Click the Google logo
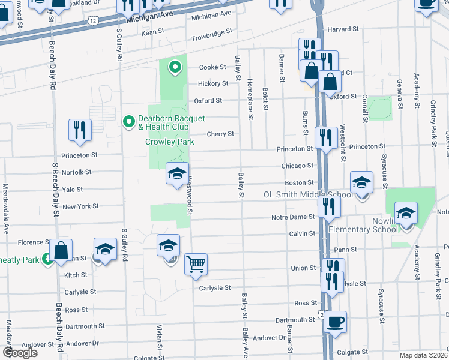(x=20, y=353)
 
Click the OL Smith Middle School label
(x=308, y=195)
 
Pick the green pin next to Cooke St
(x=175, y=67)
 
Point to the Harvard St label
(x=342, y=28)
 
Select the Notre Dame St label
(x=293, y=217)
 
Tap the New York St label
(x=80, y=206)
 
